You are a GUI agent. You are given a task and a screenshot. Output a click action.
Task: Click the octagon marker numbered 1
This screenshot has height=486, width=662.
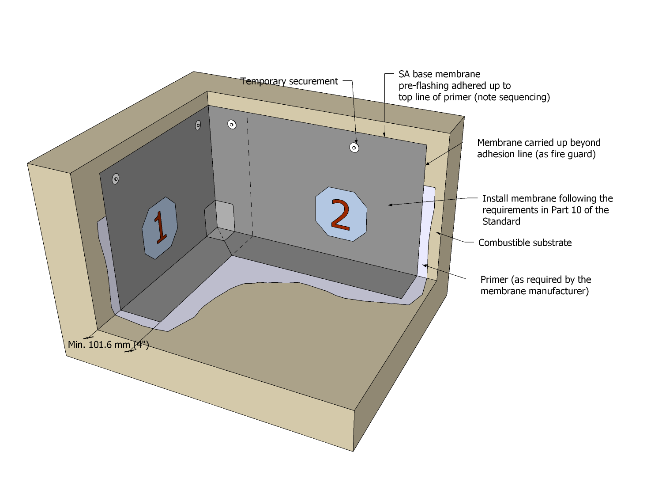tap(160, 228)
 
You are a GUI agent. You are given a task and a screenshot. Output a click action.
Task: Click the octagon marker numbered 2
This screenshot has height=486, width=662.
tap(341, 214)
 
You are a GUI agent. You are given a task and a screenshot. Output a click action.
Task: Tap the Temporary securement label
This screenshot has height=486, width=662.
tap(289, 81)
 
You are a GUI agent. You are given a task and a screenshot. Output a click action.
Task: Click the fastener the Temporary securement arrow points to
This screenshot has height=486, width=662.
tap(354, 147)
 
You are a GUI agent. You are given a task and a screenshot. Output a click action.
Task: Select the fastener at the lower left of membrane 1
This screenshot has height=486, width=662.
tap(116, 178)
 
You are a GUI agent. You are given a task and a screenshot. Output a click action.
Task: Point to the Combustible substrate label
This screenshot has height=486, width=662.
tap(525, 243)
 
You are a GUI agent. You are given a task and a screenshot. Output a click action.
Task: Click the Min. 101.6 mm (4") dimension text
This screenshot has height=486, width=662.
tap(109, 345)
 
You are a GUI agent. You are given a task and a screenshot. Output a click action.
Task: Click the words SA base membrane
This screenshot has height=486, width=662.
tap(440, 74)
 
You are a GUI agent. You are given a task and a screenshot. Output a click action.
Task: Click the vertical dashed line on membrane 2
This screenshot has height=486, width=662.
tap(250, 177)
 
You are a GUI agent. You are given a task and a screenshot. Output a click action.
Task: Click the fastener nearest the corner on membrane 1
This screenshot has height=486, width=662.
tap(198, 125)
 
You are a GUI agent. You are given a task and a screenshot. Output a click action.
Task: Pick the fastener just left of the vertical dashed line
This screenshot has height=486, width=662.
tap(232, 125)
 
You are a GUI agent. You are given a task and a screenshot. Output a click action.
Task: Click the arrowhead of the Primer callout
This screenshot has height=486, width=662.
tap(425, 266)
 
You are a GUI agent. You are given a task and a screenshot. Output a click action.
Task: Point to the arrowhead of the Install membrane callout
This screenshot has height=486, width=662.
tap(390, 205)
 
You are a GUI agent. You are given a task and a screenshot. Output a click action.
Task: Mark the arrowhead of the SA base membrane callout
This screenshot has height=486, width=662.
tap(384, 135)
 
